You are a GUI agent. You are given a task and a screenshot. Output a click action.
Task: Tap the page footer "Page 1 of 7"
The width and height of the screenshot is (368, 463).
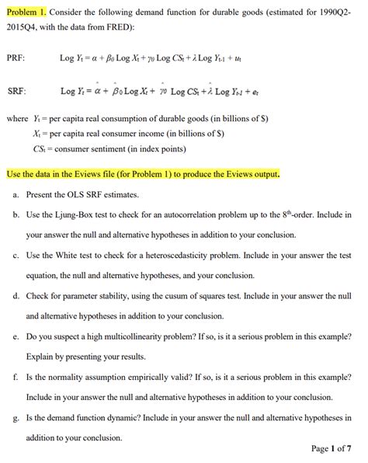(x=332, y=448)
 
